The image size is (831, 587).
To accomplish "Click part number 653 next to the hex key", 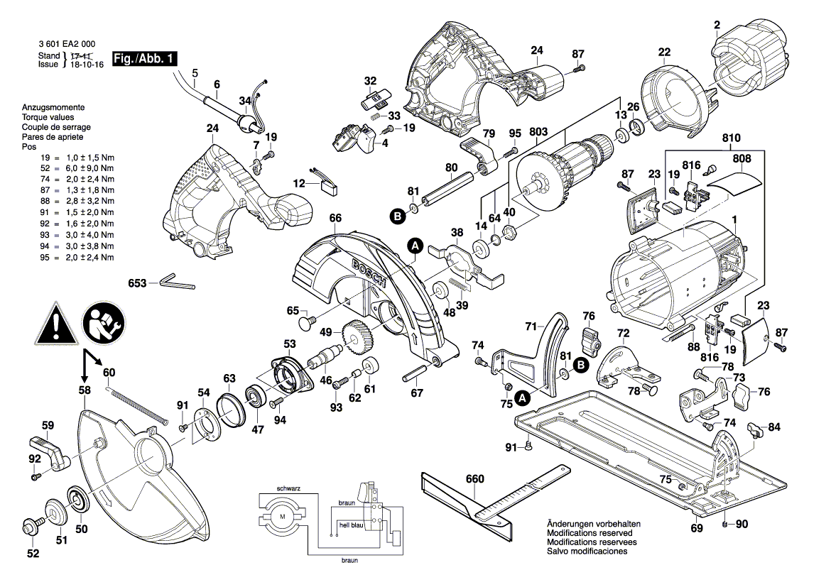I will coord(138,283).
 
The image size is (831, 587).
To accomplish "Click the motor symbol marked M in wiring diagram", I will coord(283,515).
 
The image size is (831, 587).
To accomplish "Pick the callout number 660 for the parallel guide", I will coord(474,479).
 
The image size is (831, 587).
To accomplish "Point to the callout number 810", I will coord(731,138).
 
